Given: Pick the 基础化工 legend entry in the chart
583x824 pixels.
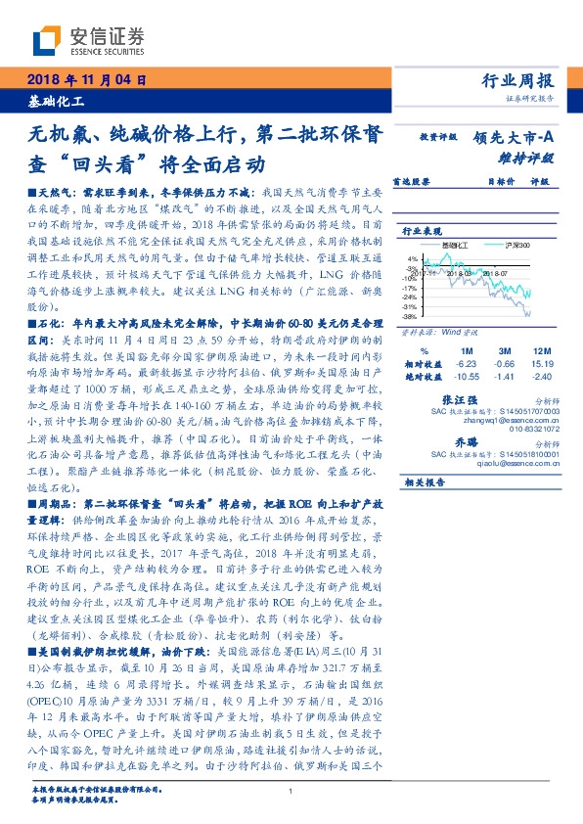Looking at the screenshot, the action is tap(455, 243).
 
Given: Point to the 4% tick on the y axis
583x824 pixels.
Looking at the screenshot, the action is tap(413, 259).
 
